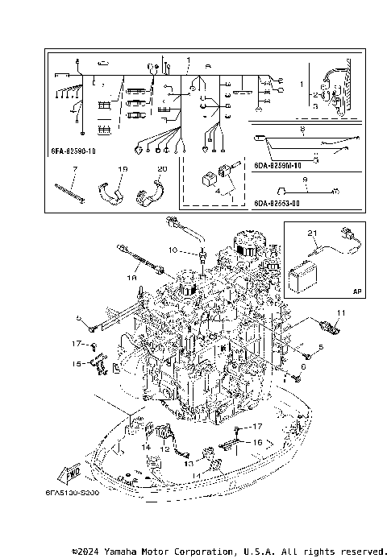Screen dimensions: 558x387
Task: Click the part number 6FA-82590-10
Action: [78, 151]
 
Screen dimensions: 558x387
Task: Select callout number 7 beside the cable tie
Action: [73, 169]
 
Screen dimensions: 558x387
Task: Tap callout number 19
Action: [123, 169]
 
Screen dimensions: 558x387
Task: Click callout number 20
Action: [161, 169]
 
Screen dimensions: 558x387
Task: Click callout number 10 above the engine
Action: [172, 250]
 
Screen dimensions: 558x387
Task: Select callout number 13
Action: [186, 464]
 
